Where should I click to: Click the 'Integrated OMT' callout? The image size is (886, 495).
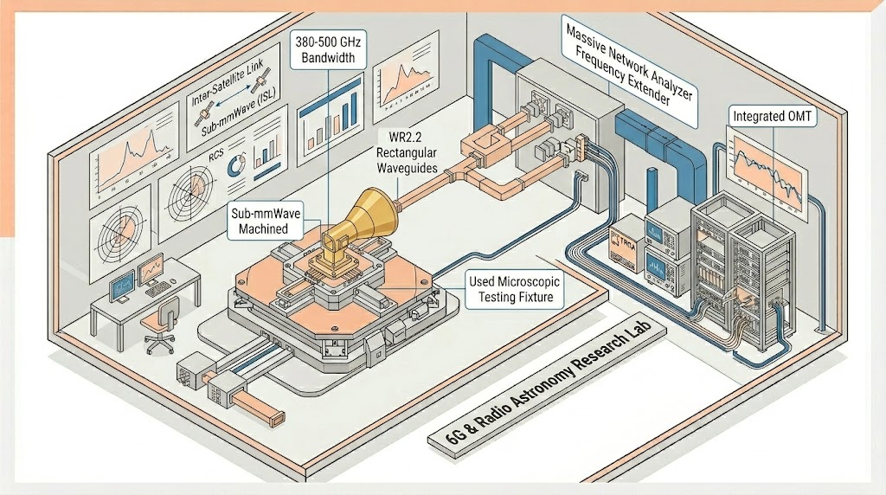click(x=773, y=115)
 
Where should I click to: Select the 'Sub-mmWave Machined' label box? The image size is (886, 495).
click(x=269, y=220)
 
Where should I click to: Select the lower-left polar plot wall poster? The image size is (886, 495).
click(x=125, y=233)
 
